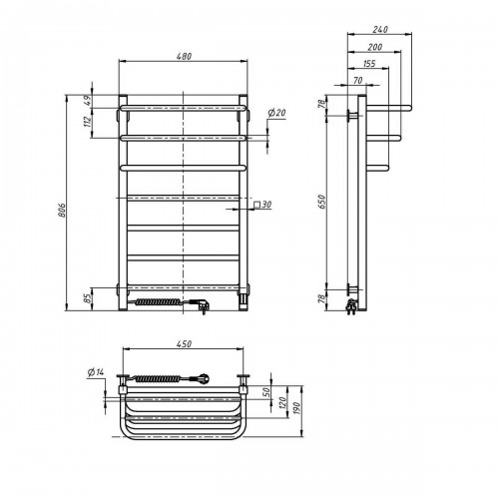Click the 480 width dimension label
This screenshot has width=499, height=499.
184,56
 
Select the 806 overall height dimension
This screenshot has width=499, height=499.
62,210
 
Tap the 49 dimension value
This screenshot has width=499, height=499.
88,101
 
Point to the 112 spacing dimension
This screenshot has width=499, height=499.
88,122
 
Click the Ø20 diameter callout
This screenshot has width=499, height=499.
276,113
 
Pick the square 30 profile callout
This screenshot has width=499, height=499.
262,205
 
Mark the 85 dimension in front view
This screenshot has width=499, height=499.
88,298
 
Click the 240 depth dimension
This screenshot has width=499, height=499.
380,29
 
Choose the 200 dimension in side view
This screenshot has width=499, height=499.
374,47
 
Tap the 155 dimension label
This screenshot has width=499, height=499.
369,64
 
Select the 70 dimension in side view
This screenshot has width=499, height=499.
358,80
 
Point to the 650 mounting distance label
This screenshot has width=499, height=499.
322,202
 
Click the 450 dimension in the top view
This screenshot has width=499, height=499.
184,343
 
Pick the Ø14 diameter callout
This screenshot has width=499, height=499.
96,372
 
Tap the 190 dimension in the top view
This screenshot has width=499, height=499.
296,408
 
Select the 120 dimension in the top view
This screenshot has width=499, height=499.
282,403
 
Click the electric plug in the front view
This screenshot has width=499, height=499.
200,305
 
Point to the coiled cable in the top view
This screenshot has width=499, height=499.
157,378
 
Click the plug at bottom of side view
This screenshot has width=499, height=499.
351,306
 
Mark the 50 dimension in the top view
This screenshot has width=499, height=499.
266,392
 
